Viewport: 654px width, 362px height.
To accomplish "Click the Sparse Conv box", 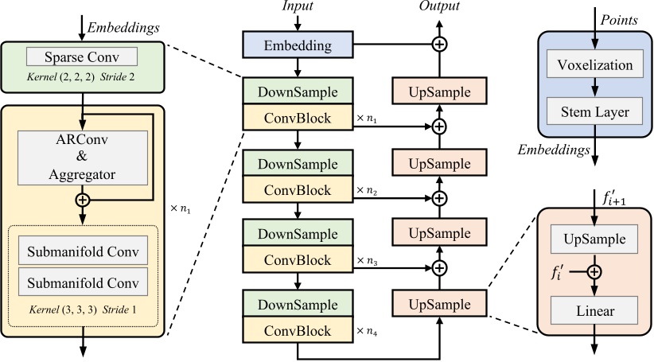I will coord(82,57).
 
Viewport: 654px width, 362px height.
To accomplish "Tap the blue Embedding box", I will coord(297,46).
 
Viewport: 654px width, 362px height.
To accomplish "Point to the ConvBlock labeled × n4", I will coord(297,329).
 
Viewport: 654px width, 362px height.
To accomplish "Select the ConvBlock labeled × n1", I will coord(297,119).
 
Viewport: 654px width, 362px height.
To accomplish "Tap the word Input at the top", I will coord(298,7).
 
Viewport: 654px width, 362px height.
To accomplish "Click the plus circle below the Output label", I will coord(437,44).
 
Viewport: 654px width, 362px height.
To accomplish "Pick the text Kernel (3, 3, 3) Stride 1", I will coord(82,309).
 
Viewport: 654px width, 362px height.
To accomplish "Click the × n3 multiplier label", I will coord(367,260).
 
